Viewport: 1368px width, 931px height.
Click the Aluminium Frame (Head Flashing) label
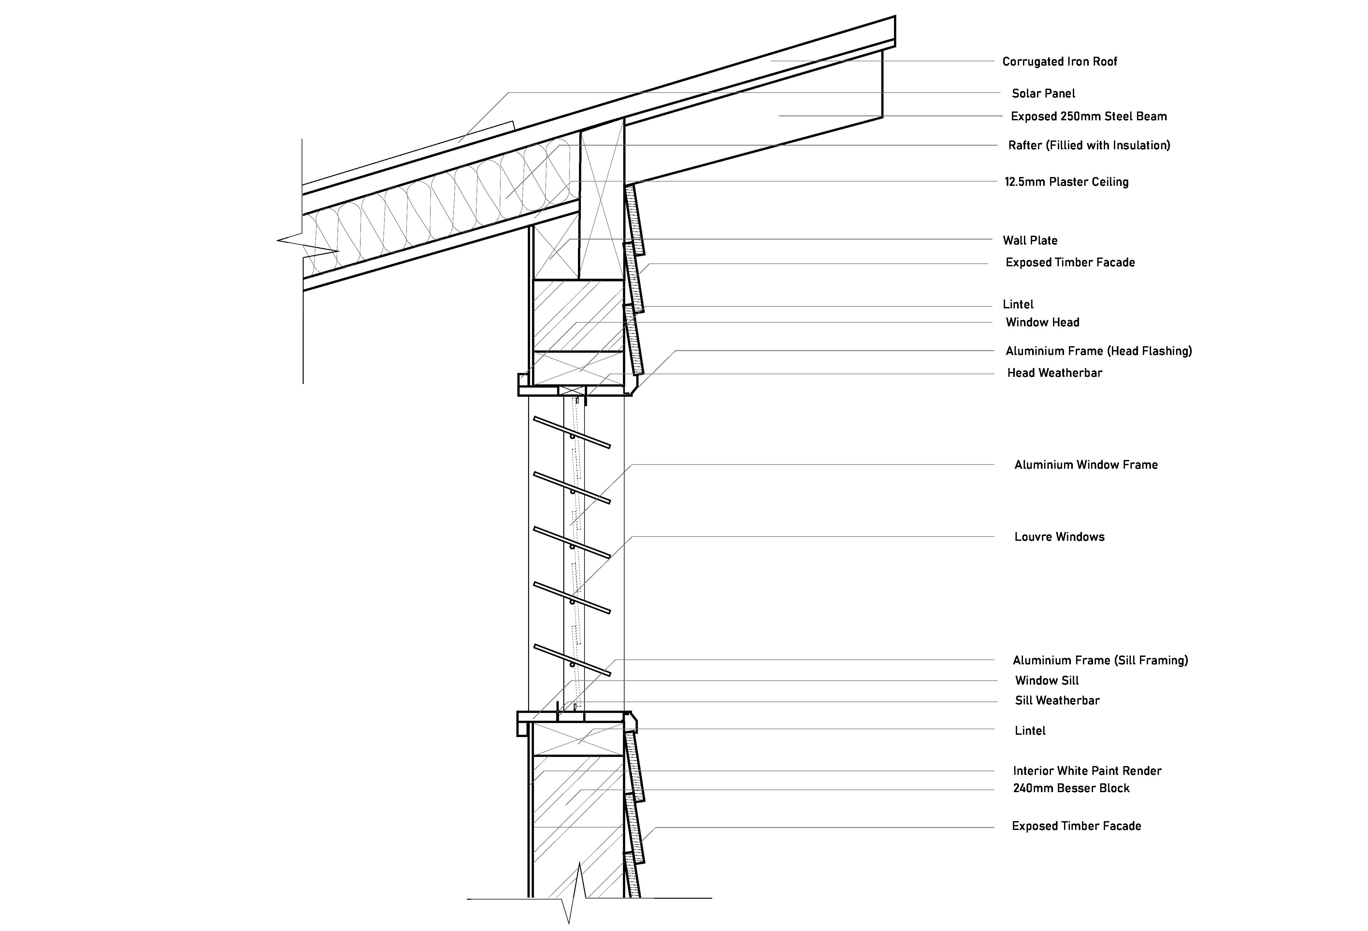[x=1098, y=351]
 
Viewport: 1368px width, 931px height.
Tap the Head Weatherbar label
[x=1054, y=373]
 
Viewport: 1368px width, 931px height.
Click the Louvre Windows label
[x=1059, y=537]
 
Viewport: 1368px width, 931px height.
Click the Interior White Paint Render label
[x=1087, y=771]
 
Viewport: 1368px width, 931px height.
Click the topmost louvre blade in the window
[x=571, y=433]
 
